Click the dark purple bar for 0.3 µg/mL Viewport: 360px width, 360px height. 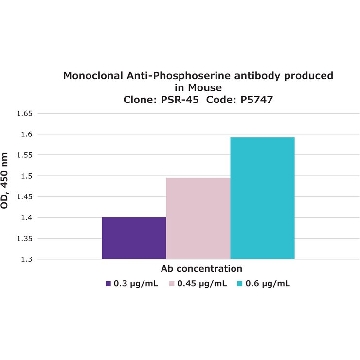(134, 238)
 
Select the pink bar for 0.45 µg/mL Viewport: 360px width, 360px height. (198, 218)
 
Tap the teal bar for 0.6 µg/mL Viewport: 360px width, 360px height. (263, 198)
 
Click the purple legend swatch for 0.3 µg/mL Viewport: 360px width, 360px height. (108, 284)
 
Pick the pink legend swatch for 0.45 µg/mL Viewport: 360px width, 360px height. (172, 284)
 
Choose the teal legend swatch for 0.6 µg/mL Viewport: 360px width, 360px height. (240, 284)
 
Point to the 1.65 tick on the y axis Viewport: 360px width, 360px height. (24, 114)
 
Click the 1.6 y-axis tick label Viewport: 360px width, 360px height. (26, 134)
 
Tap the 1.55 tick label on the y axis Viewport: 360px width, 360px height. (24, 155)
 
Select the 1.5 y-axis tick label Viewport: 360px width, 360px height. (26, 176)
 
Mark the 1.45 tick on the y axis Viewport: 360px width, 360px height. (24, 197)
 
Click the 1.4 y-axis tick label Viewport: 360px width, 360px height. (26, 218)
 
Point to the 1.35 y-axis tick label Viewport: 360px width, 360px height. (24, 239)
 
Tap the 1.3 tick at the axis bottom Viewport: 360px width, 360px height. (26, 259)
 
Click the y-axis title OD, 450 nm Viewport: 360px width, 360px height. (4, 181)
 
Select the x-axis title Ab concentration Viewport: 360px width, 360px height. (202, 269)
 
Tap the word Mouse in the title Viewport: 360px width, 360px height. (204, 88)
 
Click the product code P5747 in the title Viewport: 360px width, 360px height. (256, 100)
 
